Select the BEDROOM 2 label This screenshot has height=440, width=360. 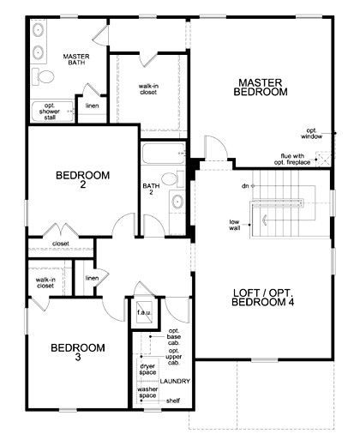pos(82,181)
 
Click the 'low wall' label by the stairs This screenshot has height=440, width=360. pos(234,225)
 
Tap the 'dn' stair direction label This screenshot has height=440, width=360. pos(244,184)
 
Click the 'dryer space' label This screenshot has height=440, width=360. pos(147,371)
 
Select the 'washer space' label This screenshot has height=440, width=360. pos(148,393)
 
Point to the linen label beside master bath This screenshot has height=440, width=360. pos(92,105)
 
